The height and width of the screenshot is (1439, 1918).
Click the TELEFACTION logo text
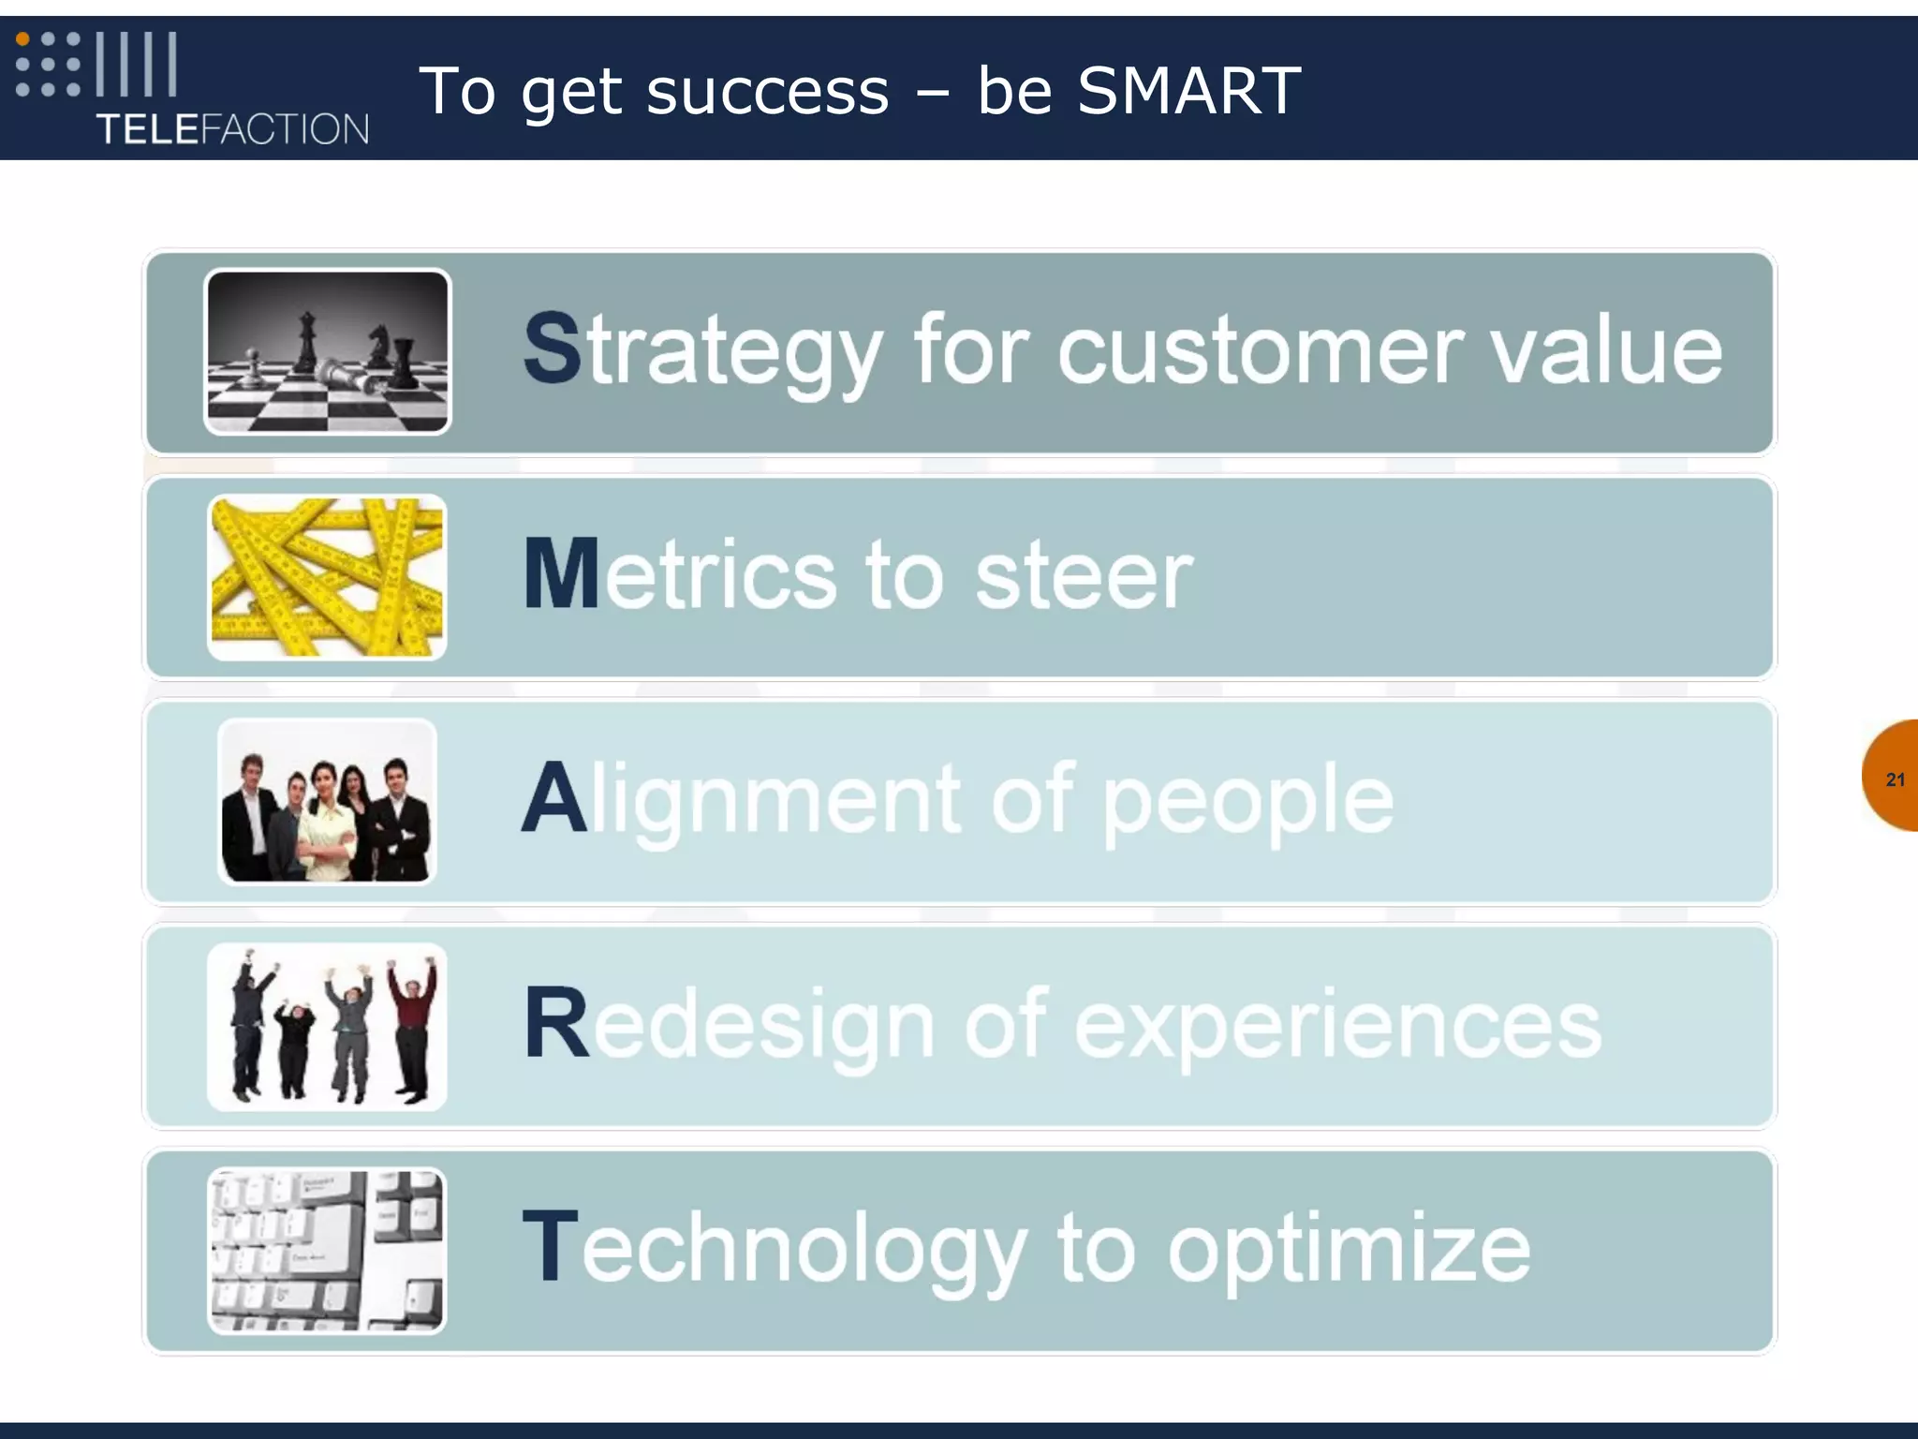[x=232, y=128]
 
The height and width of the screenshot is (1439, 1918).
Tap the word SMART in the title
[x=1188, y=91]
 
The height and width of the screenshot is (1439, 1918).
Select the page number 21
[x=1895, y=779]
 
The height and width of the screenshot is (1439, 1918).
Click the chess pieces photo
[x=327, y=352]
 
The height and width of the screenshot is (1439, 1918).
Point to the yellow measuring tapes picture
[x=327, y=577]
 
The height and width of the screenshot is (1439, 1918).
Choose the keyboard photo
[x=327, y=1251]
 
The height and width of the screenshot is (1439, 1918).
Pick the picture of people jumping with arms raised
[x=327, y=1027]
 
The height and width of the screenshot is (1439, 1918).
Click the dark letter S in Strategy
[x=553, y=349]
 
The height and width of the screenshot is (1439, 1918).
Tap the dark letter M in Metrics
[x=560, y=573]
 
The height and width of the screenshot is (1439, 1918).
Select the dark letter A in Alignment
[x=553, y=798]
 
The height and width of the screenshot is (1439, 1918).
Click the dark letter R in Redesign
[x=555, y=1024]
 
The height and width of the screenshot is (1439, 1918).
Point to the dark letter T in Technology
[x=550, y=1248]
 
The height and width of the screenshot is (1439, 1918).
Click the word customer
[x=1259, y=350]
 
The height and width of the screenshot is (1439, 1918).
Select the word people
[x=1247, y=802]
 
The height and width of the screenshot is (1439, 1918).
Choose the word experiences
[x=1337, y=1027]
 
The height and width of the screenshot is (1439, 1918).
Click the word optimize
[x=1349, y=1252]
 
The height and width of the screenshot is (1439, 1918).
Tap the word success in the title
[x=767, y=93]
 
